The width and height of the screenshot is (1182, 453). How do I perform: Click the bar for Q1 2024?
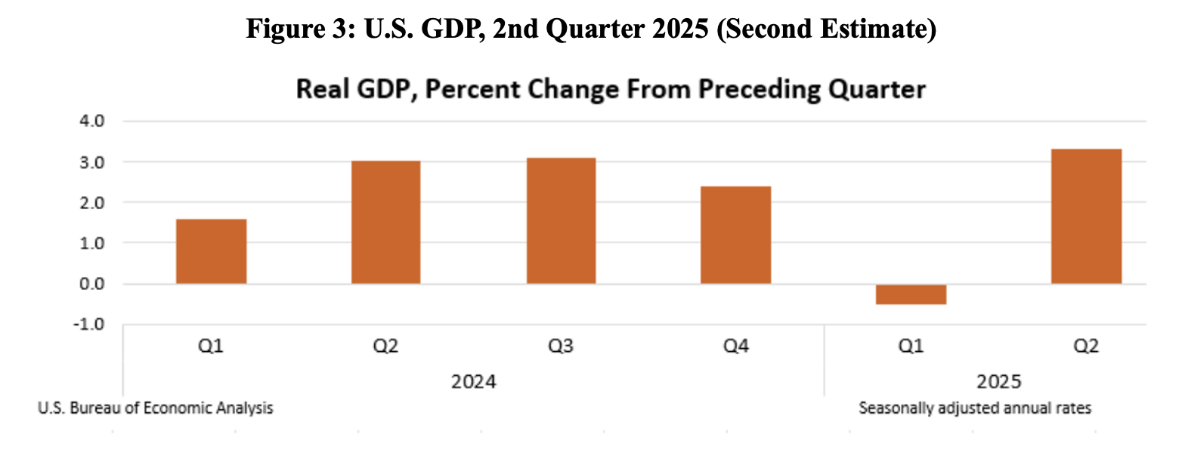coord(211,251)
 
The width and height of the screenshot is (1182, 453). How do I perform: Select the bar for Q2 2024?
coord(385,223)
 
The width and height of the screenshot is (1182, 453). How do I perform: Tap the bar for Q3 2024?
coord(561,220)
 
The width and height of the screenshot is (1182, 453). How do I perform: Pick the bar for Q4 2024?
coord(735,235)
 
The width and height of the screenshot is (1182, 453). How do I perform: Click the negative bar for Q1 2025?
coord(911,294)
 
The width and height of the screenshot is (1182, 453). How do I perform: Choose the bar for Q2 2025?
coord(1086,217)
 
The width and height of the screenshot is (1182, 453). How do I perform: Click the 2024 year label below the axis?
coord(474,381)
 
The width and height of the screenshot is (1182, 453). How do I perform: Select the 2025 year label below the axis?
coord(999,381)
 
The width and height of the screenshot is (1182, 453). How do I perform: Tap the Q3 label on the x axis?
coord(561,347)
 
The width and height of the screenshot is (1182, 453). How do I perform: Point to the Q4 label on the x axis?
coord(735,347)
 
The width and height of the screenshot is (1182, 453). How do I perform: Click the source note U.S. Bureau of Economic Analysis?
coord(155,408)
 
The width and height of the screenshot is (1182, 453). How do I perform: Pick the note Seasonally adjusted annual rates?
coord(975,408)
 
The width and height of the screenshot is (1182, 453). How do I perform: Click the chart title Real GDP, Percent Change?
coord(610,90)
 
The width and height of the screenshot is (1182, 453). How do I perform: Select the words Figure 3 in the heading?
coord(292,31)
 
